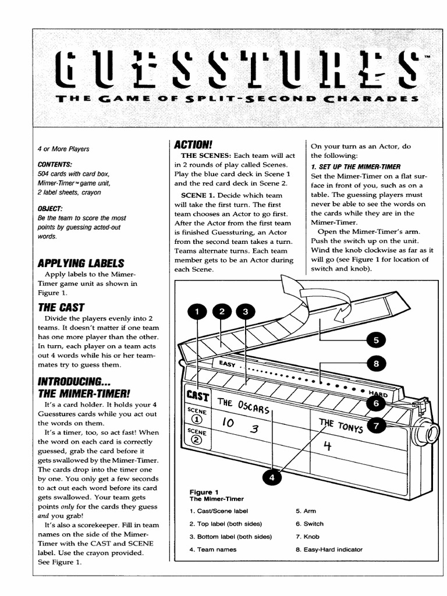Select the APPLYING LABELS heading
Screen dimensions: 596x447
81,262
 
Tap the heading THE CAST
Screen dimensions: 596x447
61,307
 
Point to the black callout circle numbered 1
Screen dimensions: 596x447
197,313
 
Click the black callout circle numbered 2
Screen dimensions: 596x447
222,313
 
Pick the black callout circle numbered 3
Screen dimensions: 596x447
246,313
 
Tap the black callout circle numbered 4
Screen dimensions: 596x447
272,477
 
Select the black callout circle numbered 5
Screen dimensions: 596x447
376,340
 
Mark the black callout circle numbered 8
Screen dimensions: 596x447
377,364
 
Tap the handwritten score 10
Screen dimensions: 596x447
228,424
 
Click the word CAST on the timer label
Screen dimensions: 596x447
197,396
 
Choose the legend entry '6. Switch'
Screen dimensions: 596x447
309,524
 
